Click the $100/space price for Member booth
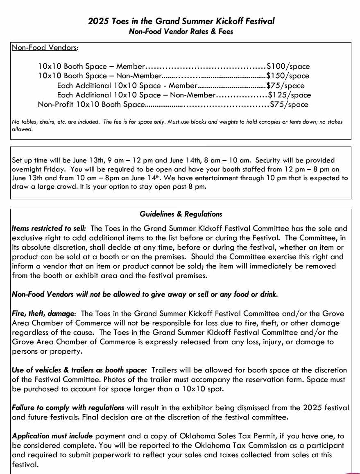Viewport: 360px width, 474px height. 288,66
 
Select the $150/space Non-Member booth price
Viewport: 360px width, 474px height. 288,76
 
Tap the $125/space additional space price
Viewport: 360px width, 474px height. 289,95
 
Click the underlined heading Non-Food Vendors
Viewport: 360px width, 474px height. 44,47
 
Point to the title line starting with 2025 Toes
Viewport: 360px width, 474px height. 181,21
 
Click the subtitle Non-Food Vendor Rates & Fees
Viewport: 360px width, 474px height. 181,32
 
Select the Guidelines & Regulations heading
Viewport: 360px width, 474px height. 181,214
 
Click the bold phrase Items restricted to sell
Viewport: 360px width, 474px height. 49,228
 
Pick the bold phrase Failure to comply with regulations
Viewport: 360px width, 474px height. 68,408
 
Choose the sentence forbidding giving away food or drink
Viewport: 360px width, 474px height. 145,294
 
